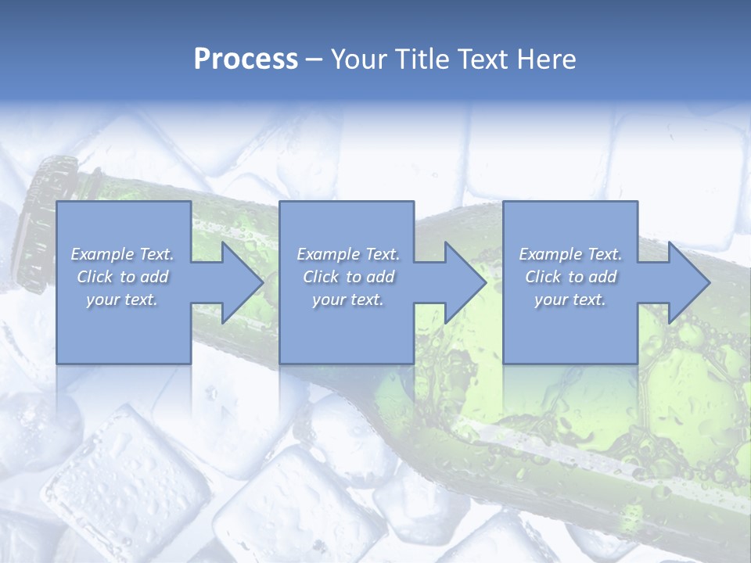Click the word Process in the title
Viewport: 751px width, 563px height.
click(x=246, y=59)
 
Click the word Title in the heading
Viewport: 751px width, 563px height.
click(x=422, y=59)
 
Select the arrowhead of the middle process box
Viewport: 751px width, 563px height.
click(x=464, y=282)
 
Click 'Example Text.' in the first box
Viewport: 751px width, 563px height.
click(x=122, y=254)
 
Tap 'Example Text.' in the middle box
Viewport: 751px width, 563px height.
click(x=348, y=254)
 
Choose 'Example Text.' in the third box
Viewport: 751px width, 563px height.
click(x=570, y=254)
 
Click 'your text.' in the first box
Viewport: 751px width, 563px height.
click(x=122, y=299)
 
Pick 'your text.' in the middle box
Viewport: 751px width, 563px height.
click(x=348, y=299)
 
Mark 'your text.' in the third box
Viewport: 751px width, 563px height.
click(x=570, y=299)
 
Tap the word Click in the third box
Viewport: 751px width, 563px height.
click(x=544, y=277)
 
